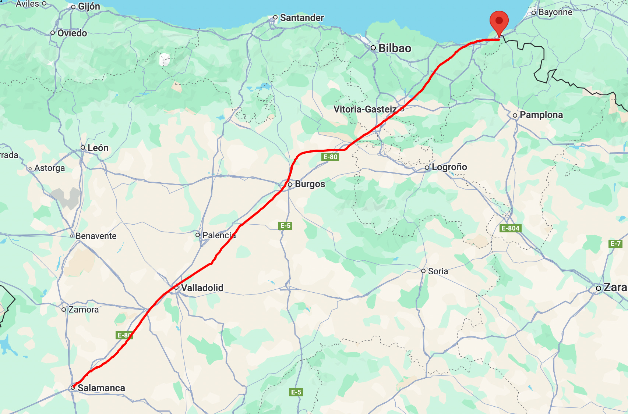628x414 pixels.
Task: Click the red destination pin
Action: [499, 21]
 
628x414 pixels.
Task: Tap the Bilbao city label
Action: [395, 48]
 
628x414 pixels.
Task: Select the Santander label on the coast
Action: [302, 18]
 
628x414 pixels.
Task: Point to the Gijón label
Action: [89, 7]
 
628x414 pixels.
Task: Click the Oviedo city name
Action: [72, 33]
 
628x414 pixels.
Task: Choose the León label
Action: [98, 148]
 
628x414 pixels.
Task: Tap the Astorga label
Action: [49, 168]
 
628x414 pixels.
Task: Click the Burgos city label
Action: [310, 184]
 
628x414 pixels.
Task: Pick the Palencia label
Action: [219, 235]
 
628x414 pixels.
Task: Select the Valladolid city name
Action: [202, 288]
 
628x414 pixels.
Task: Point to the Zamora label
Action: [84, 310]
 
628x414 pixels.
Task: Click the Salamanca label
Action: [101, 388]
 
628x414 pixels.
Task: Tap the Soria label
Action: [438, 271]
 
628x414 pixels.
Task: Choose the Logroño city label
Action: [449, 167]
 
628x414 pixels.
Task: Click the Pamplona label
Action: [541, 115]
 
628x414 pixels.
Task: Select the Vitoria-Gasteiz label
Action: [365, 109]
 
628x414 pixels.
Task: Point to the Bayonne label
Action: [555, 12]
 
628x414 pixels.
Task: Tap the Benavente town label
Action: [96, 236]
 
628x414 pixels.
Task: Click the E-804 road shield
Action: [511, 228]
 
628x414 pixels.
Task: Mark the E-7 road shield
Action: [615, 243]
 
